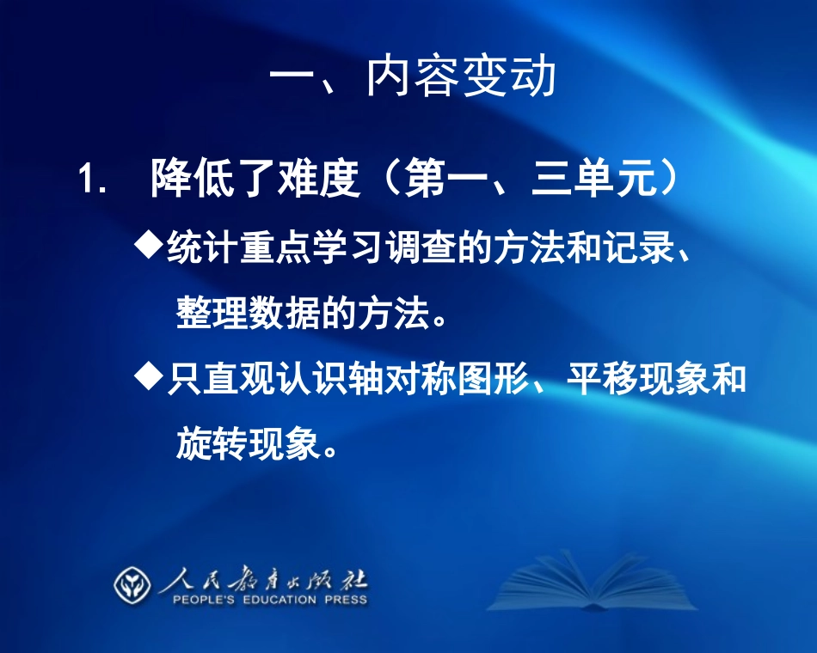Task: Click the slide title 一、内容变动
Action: pyautogui.click(x=413, y=78)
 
